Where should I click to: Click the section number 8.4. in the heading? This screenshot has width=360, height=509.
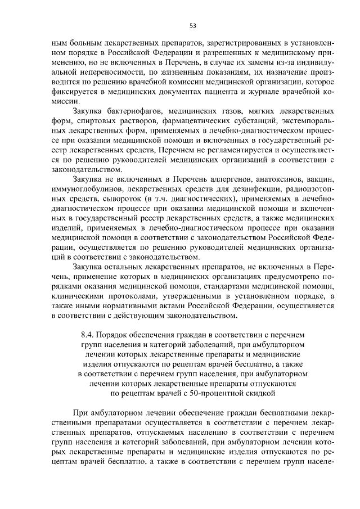(91, 336)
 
